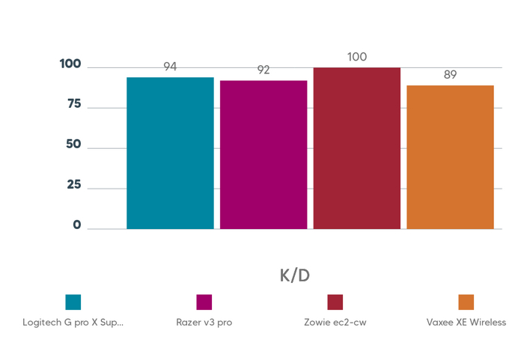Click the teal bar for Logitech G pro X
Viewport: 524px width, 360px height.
pos(170,153)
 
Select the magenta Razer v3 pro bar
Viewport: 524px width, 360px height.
pos(263,154)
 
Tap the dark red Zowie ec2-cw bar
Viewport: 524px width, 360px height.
pos(356,147)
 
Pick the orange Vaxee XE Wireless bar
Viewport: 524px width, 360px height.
pos(450,156)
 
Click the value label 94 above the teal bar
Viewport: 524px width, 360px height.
pos(170,67)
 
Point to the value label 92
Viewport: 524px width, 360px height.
pos(263,70)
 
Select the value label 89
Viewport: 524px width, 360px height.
pos(450,75)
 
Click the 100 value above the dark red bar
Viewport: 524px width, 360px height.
pos(357,57)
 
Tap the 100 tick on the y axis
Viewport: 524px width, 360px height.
pos(70,64)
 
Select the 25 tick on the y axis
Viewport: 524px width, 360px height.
pos(73,185)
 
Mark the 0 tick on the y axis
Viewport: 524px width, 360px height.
pos(77,225)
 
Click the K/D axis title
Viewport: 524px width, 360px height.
pos(294,275)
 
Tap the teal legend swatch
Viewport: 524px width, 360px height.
pos(73,302)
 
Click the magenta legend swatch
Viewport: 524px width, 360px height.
pos(204,302)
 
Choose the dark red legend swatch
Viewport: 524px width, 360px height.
pos(335,302)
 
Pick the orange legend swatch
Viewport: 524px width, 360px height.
pos(466,302)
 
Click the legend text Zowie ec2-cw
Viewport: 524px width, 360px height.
pos(335,323)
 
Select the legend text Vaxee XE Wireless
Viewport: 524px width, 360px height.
pos(466,323)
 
